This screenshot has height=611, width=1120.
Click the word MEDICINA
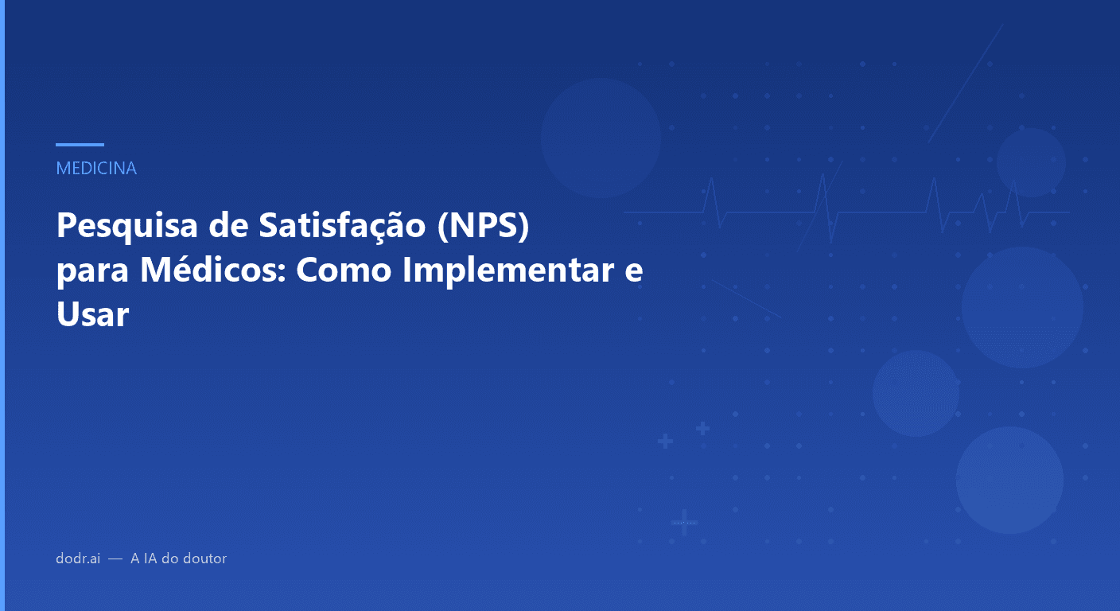click(96, 169)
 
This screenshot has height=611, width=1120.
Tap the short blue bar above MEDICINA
click(80, 145)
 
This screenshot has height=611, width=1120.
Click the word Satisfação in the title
click(343, 227)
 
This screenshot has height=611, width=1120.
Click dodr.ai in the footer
click(78, 558)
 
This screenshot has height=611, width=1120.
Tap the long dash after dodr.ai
click(115, 559)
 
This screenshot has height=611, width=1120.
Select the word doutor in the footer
click(204, 558)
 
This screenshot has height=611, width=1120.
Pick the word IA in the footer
click(150, 558)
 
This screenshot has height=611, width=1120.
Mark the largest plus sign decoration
click(684, 523)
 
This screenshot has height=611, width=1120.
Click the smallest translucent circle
click(1031, 162)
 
